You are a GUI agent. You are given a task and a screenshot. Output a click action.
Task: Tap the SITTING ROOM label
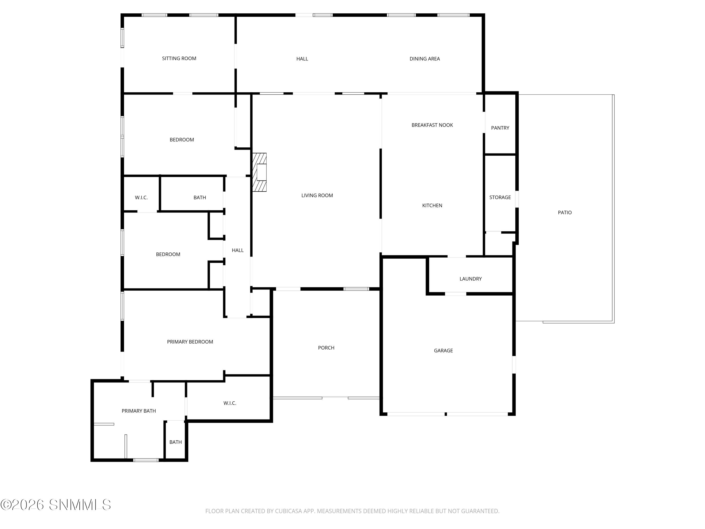179,58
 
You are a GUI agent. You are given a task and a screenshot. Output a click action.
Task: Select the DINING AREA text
425,59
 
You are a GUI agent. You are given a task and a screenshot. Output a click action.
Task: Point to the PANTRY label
500,128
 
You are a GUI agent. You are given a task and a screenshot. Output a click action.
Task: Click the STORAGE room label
500,197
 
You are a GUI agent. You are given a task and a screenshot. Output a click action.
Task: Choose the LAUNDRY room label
470,279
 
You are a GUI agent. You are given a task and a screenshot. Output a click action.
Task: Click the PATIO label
565,212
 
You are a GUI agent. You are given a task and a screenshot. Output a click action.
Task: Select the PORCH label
326,347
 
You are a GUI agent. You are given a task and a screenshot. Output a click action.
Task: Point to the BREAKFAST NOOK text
432,125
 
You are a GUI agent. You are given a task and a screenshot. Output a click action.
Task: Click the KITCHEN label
432,205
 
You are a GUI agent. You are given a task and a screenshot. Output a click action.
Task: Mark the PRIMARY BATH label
139,411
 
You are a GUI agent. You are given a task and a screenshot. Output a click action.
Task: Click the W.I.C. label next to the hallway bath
141,197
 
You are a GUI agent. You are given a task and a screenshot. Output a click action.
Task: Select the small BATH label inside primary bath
176,442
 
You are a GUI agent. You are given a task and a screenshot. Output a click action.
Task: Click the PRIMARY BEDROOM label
190,342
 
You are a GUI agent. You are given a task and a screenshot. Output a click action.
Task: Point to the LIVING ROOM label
317,195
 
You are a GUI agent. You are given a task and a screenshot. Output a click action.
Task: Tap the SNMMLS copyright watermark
56,505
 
